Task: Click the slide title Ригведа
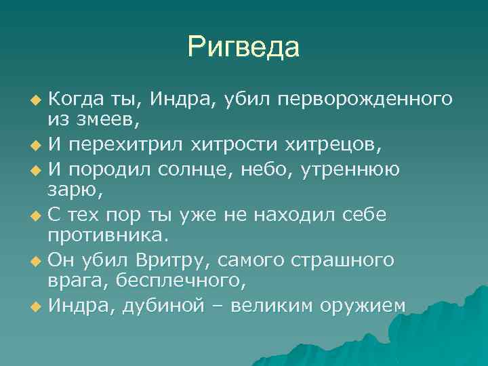[x=243, y=47]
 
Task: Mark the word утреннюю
[x=357, y=169]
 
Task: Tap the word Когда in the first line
[x=74, y=100]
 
